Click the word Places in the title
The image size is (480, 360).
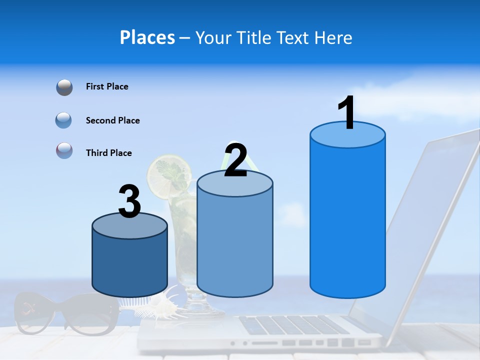(147, 37)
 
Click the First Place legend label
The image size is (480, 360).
(107, 86)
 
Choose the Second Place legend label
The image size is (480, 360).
(112, 120)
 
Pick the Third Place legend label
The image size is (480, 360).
(108, 153)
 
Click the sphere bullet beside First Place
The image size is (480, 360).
(64, 87)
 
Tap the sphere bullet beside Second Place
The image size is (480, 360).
(64, 120)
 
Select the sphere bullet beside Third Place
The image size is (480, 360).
(64, 150)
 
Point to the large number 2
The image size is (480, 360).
(235, 160)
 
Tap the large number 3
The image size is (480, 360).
(129, 202)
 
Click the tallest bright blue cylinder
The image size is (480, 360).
(347, 215)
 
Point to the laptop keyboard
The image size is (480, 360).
(295, 325)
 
